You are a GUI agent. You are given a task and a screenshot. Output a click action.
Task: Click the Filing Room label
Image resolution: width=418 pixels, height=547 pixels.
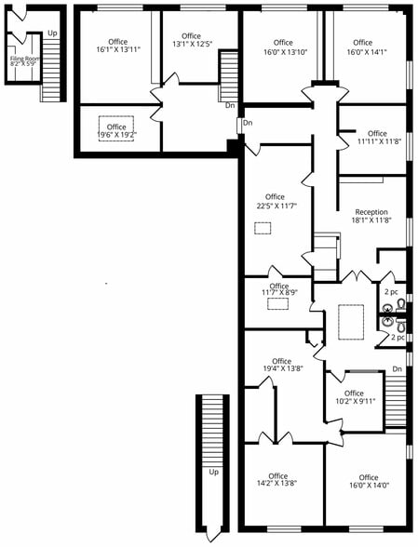pyautogui.click(x=25, y=58)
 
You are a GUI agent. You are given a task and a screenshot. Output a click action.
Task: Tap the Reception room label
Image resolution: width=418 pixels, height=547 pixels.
pyautogui.click(x=371, y=212)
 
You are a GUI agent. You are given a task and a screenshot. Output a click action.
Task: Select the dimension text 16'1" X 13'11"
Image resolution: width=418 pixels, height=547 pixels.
pyautogui.click(x=118, y=49)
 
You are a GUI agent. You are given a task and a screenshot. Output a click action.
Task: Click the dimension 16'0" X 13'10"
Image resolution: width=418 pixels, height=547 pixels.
pyautogui.click(x=283, y=51)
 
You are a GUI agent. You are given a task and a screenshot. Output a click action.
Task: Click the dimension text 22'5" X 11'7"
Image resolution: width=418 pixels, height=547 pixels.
pyautogui.click(x=275, y=205)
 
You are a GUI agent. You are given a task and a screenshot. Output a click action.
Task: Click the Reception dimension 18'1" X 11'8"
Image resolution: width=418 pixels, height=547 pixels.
pyautogui.click(x=371, y=220)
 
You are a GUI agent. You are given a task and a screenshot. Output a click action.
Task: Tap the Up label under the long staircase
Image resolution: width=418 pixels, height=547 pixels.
pyautogui.click(x=214, y=472)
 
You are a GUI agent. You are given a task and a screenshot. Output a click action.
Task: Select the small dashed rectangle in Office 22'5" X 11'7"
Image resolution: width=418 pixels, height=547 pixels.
pyautogui.click(x=263, y=227)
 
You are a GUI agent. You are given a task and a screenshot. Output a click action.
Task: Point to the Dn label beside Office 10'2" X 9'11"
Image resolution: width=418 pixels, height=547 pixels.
pyautogui.click(x=398, y=369)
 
